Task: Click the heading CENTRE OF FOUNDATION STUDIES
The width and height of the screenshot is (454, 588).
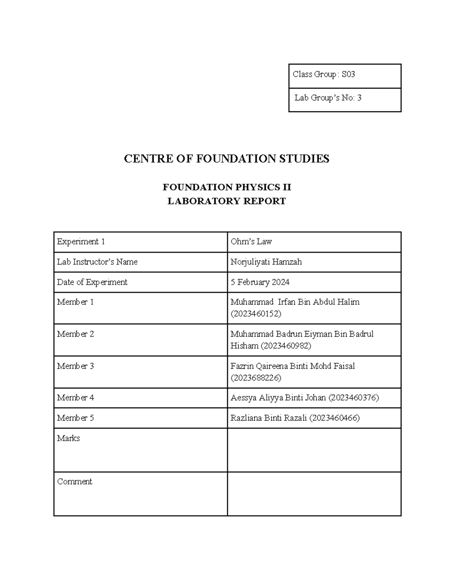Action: click(x=227, y=159)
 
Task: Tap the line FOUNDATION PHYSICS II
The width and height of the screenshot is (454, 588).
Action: click(x=227, y=187)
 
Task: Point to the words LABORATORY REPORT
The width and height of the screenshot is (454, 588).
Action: click(x=227, y=201)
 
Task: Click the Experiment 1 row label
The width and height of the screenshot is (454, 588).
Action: click(x=81, y=242)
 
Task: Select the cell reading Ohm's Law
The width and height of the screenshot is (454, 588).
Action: click(x=251, y=242)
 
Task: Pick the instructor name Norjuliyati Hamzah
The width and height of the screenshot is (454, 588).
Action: click(x=266, y=262)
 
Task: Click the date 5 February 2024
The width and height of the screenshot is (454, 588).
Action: click(x=260, y=282)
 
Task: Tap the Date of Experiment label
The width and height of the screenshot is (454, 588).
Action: click(x=92, y=282)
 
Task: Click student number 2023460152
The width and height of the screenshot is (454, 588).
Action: click(x=256, y=314)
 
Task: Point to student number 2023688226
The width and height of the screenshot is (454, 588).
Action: click(x=256, y=378)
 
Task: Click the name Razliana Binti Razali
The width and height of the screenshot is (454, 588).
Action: click(x=269, y=418)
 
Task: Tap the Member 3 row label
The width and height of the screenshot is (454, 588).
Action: click(x=75, y=366)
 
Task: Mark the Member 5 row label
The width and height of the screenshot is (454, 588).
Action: click(x=75, y=418)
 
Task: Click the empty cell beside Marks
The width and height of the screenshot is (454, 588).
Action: click(x=314, y=450)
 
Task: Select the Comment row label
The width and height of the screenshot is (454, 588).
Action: click(x=75, y=482)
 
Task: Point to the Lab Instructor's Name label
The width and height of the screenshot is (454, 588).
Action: click(x=97, y=262)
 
